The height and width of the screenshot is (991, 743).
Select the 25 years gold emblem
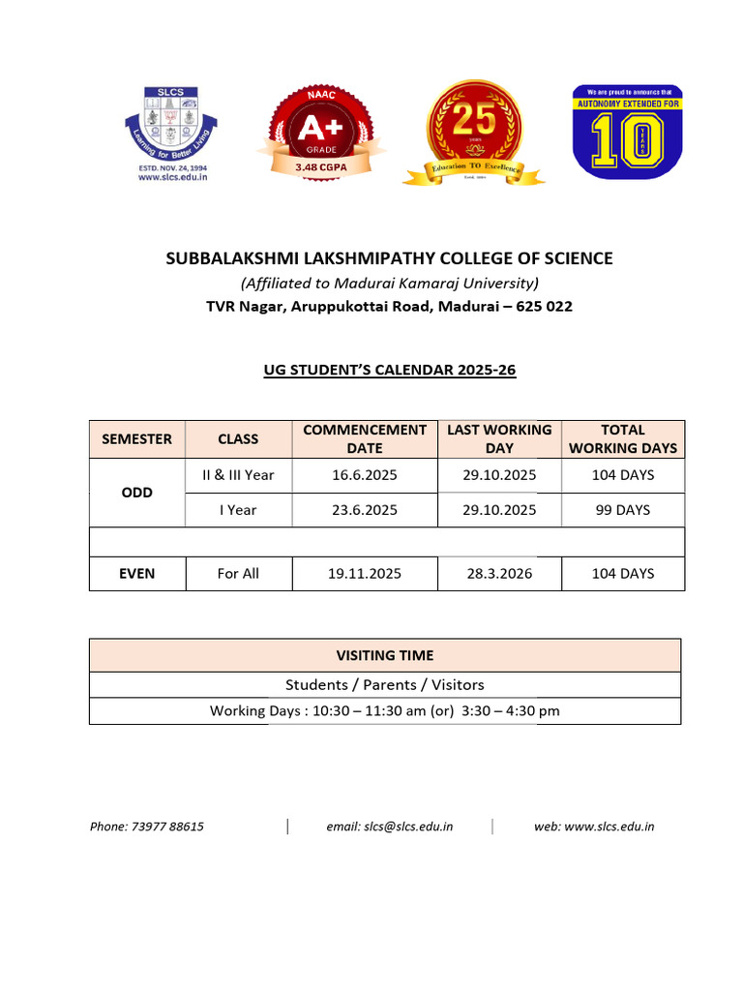click(x=474, y=130)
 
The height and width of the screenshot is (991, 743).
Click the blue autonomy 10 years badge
click(x=621, y=132)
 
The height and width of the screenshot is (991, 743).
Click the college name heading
click(x=389, y=258)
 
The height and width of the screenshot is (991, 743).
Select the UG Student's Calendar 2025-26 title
click(x=389, y=371)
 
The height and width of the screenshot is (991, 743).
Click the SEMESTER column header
click(x=136, y=438)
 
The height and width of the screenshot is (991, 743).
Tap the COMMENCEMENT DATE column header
click(x=364, y=438)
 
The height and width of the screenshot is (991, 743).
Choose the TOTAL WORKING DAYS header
click(x=623, y=438)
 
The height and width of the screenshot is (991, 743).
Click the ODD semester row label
click(x=136, y=492)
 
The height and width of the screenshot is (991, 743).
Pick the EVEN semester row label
click(x=136, y=573)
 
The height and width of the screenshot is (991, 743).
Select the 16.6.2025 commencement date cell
click(x=364, y=475)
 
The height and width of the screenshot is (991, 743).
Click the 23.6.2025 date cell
click(x=364, y=509)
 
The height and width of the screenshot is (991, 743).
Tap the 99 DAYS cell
click(x=623, y=509)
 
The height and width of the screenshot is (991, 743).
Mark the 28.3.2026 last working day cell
click(x=499, y=573)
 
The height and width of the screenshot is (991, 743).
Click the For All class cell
click(x=238, y=573)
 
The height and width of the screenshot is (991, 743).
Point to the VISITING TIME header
click(x=384, y=655)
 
